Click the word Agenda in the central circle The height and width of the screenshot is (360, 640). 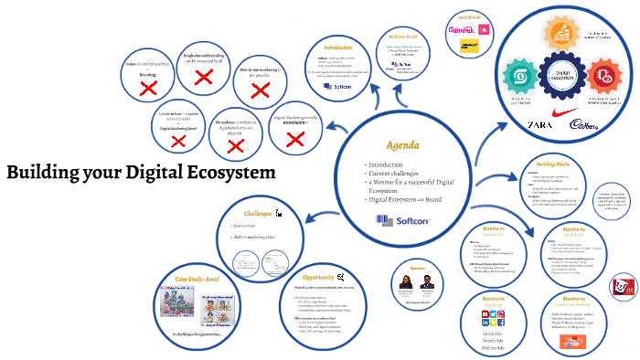pyautogui.click(x=402, y=146)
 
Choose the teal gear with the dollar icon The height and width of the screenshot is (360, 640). pyautogui.click(x=523, y=73)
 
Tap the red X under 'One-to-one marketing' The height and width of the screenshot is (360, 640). pyautogui.click(x=261, y=90)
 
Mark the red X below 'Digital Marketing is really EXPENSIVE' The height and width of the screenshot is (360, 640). pyautogui.click(x=294, y=139)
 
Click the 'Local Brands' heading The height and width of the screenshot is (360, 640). pyautogui.click(x=469, y=16)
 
